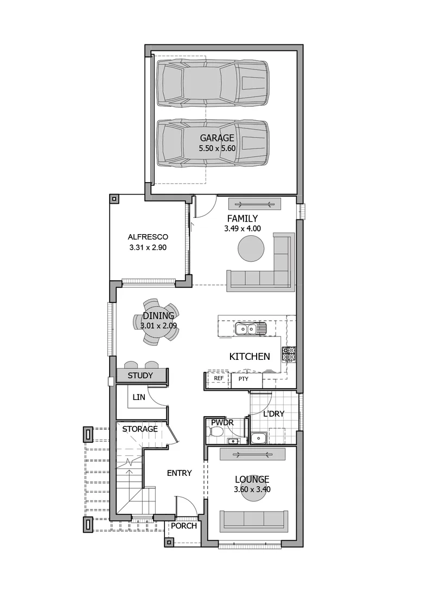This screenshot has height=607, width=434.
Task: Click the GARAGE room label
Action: [x=217, y=138]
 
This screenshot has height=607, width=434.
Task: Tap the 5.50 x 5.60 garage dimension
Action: [x=217, y=148]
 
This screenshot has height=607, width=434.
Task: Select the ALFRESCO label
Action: [x=148, y=237]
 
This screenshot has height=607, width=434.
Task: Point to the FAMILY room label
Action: [x=242, y=219]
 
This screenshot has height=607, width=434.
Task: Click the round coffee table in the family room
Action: [x=251, y=248]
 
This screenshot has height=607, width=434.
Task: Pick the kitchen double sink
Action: [x=250, y=330]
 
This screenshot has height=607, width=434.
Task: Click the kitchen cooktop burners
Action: [x=289, y=354]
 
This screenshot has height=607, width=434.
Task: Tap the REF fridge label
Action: [x=219, y=378]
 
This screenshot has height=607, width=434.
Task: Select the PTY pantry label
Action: [x=244, y=379]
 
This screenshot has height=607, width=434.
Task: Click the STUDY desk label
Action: [x=141, y=376]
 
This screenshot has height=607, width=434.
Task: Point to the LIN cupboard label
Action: [x=139, y=397]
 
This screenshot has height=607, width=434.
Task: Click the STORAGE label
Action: [x=140, y=429]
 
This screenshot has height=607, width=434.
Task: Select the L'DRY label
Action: [x=274, y=414]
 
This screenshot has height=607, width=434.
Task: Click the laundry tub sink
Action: [x=257, y=438]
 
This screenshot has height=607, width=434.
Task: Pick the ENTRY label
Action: [x=180, y=473]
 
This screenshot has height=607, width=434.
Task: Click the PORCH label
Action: [x=184, y=526]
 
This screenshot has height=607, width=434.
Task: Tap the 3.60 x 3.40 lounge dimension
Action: [x=252, y=489]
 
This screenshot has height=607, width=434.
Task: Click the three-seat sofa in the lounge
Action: [x=254, y=521]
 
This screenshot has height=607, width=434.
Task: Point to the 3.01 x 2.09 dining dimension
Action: [x=158, y=326]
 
